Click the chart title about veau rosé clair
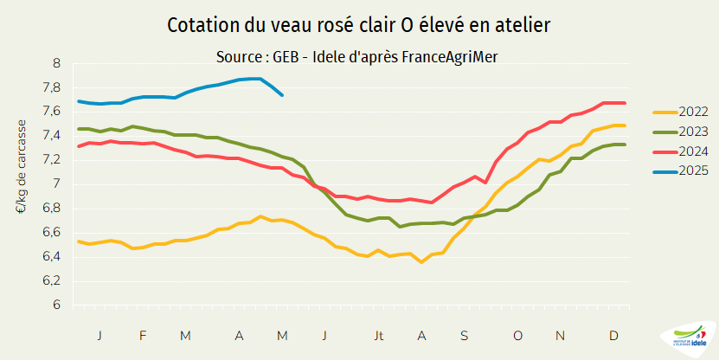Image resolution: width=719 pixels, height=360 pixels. pyautogui.click(x=358, y=26)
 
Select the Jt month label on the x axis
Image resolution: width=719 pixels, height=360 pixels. pyautogui.click(x=378, y=335)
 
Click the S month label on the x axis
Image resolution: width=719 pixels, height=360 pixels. pyautogui.click(x=464, y=335)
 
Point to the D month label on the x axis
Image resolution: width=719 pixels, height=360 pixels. pyautogui.click(x=613, y=335)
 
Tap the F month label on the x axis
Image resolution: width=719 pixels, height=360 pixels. pyautogui.click(x=143, y=335)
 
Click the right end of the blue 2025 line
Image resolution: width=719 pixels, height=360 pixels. pyautogui.click(x=283, y=95)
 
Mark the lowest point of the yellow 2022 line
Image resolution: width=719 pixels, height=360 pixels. pyautogui.click(x=421, y=261)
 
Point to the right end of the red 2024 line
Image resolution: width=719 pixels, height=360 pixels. pyautogui.click(x=625, y=103)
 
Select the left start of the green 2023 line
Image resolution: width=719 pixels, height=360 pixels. pyautogui.click(x=79, y=129)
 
